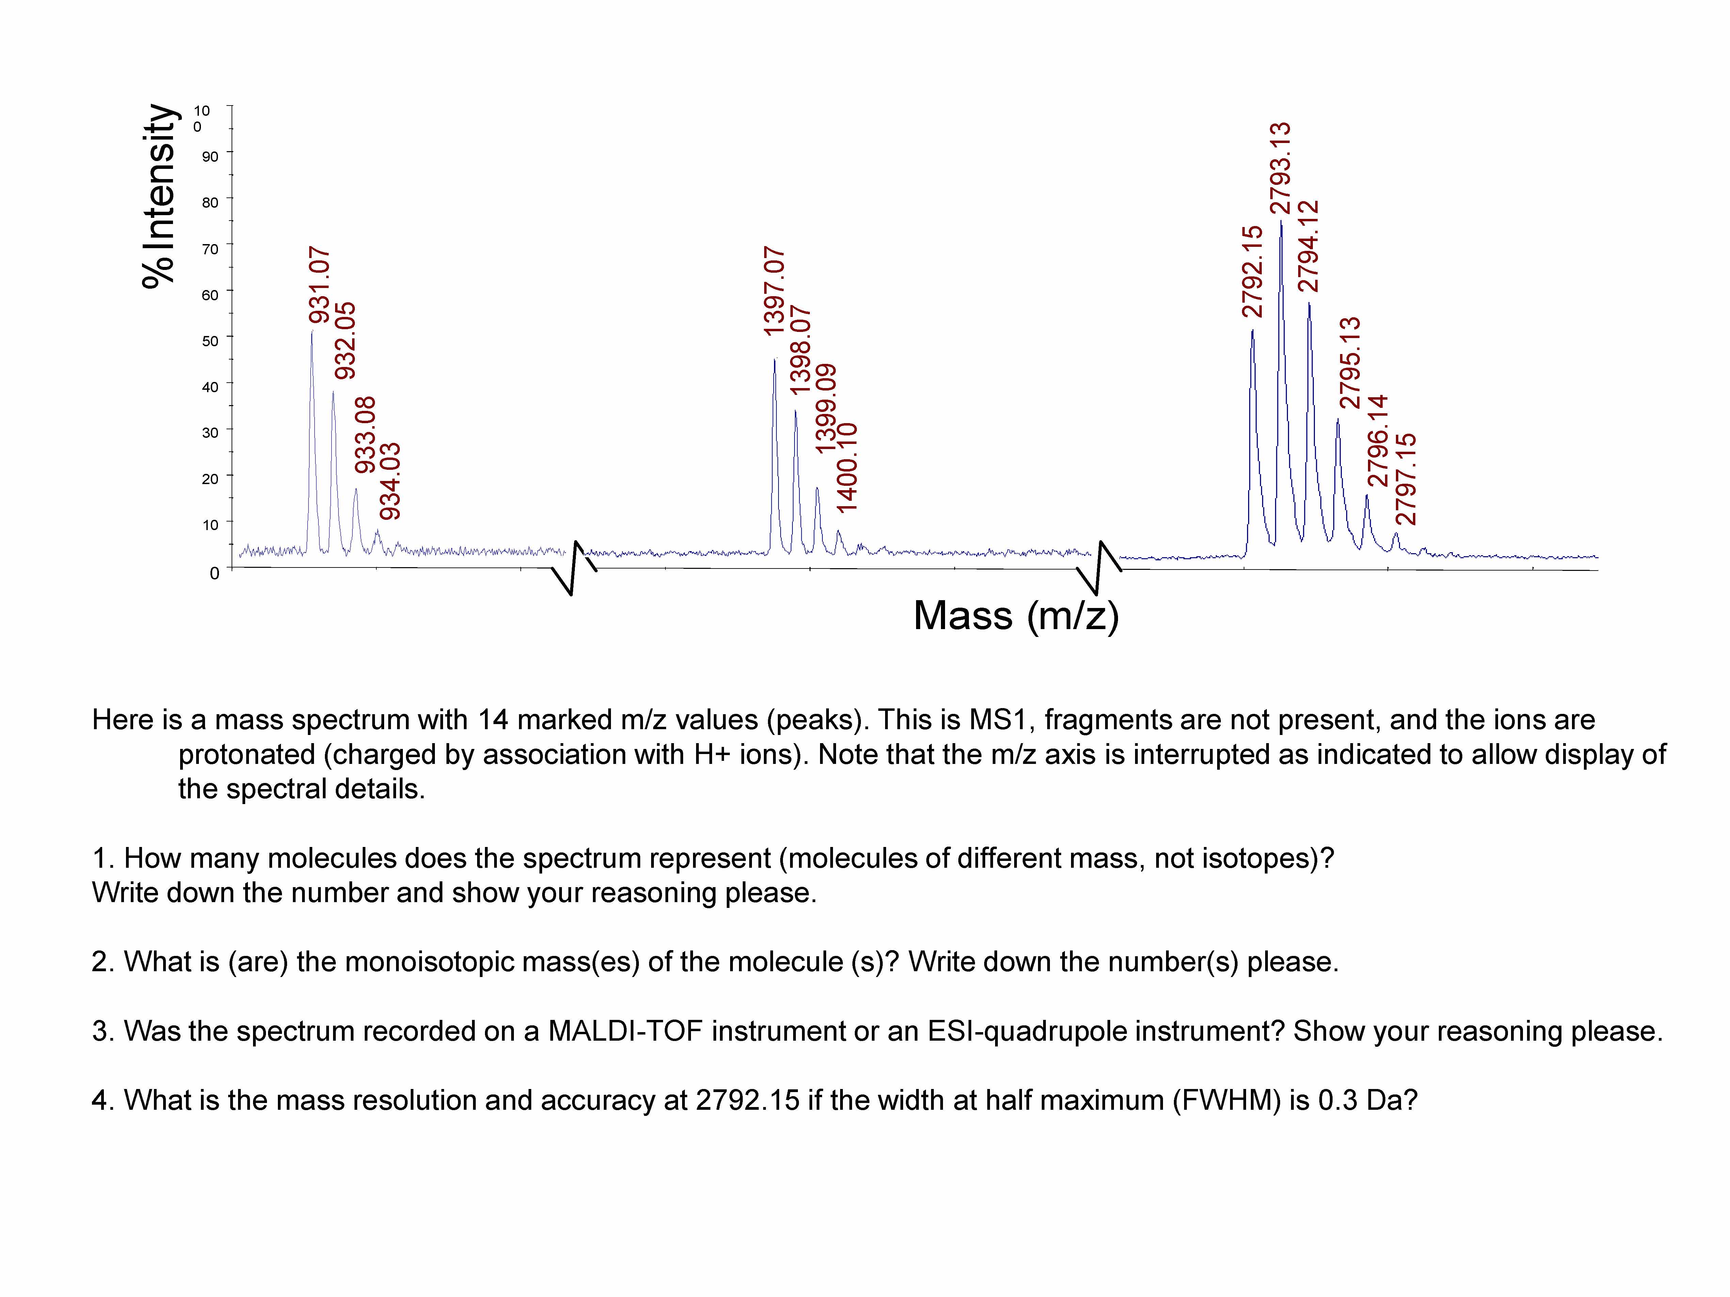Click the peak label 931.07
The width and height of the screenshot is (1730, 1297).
coord(319,285)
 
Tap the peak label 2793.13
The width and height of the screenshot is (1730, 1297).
coord(1280,168)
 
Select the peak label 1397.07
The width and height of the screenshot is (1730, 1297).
coord(773,292)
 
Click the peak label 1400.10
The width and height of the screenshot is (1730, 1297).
coord(847,467)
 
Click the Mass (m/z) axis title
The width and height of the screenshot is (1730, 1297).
coord(1016,616)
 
